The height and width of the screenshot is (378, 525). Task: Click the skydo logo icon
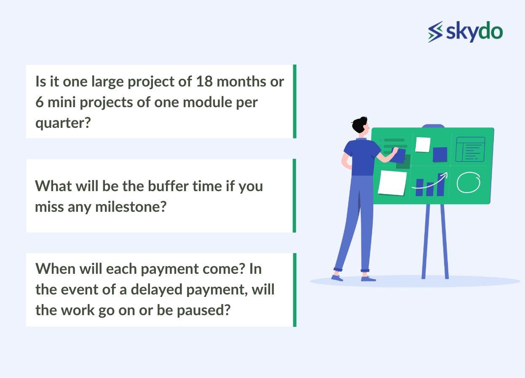tap(436, 32)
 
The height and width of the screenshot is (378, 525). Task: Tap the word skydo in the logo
tap(474, 32)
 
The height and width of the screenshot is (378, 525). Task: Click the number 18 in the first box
tap(204, 81)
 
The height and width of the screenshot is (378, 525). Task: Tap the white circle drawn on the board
tap(468, 183)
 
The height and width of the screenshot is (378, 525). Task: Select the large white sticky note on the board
tap(392, 182)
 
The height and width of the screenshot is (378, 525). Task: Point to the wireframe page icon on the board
tap(470, 149)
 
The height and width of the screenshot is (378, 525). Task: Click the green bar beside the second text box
tap(295, 195)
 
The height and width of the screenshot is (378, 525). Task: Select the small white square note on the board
tap(423, 144)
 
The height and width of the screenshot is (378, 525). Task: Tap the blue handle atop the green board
tap(433, 126)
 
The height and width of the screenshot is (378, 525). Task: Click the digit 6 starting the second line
tap(39, 102)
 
